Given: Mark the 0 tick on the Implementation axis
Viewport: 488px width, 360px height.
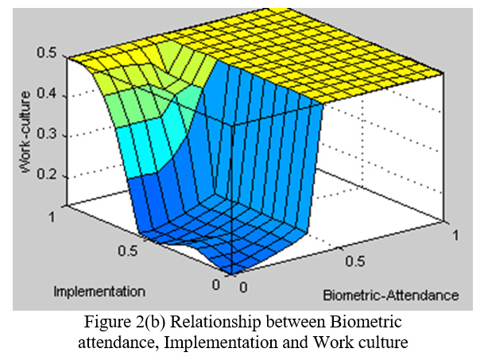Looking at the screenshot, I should click(x=216, y=284).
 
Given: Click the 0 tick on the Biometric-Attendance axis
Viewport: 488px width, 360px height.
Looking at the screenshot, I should click(x=244, y=284).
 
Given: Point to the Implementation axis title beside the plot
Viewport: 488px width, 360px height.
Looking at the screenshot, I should click(x=99, y=290).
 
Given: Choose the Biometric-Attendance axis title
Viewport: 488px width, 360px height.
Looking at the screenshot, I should click(x=390, y=295).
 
